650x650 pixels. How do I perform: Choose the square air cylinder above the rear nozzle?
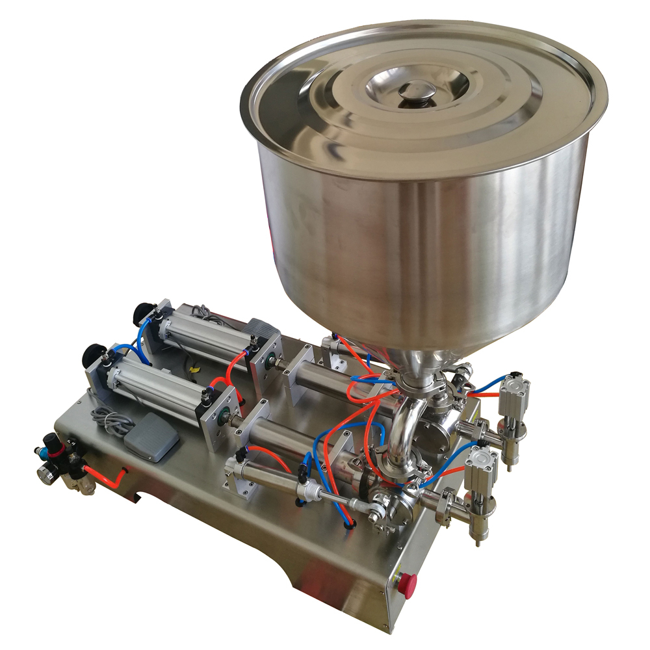513,395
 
